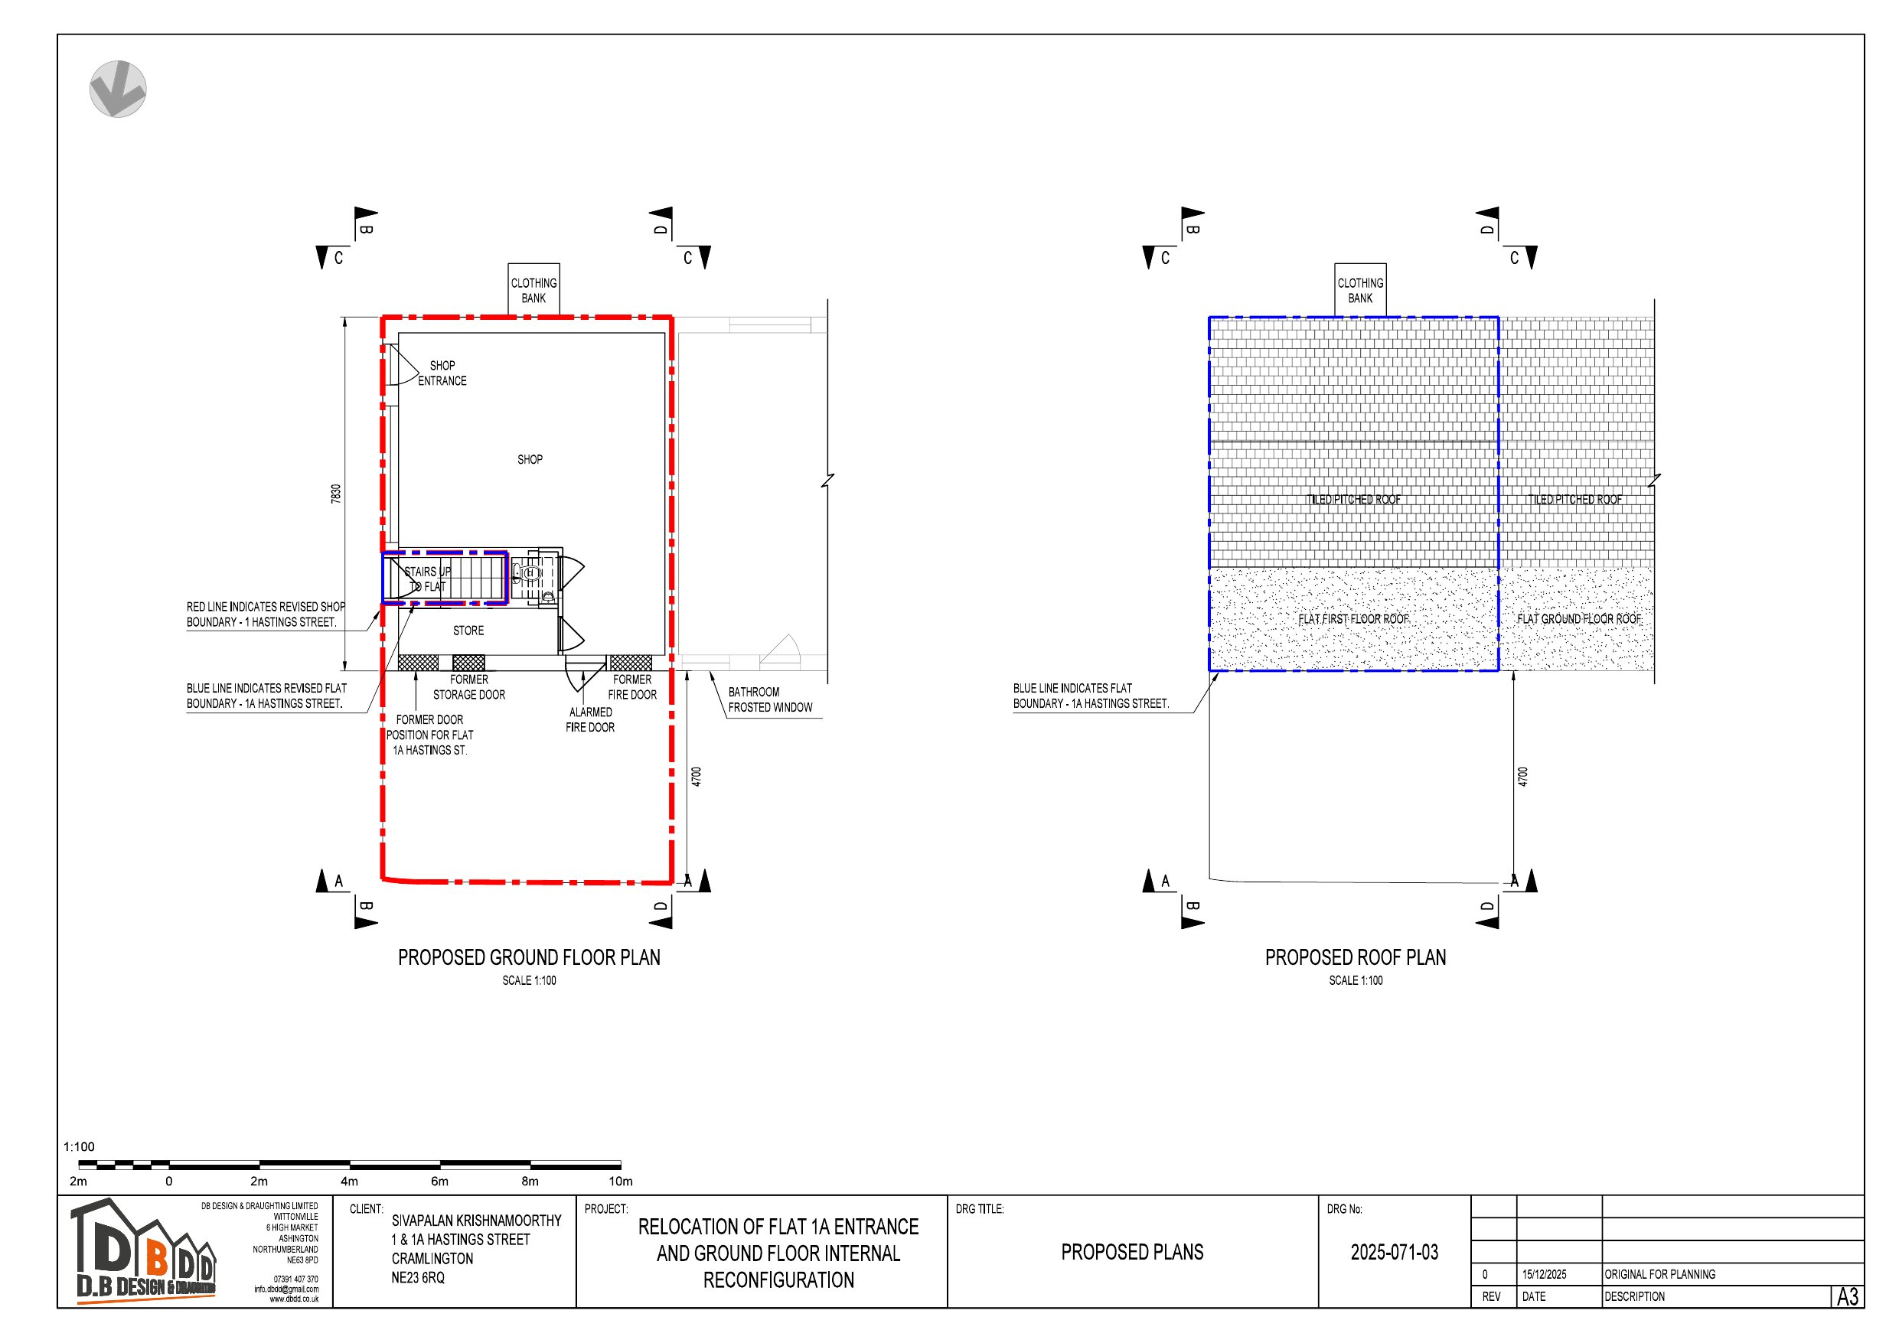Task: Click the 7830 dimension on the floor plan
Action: click(336, 494)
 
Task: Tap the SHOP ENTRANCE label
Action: click(442, 373)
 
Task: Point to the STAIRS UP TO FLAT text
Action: click(427, 579)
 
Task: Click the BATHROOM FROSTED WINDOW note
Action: click(769, 699)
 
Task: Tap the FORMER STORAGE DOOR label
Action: click(469, 687)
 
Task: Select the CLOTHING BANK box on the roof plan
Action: click(1359, 290)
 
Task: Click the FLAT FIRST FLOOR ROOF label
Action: click(1353, 619)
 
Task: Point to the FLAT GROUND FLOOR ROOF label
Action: click(1578, 619)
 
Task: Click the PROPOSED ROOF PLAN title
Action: click(1355, 957)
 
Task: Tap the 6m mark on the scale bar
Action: click(439, 1181)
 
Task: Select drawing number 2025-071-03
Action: click(1394, 1252)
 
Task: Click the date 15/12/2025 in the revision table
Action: click(1543, 1274)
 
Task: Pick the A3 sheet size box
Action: click(1847, 1296)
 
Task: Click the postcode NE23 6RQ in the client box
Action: click(418, 1278)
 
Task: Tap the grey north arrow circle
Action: click(119, 89)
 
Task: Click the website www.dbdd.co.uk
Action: click(294, 1299)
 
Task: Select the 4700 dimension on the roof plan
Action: click(1522, 777)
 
